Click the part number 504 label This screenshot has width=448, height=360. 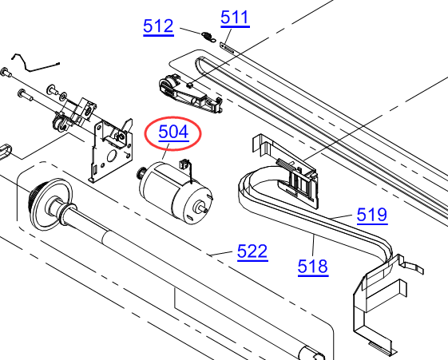[x=173, y=132]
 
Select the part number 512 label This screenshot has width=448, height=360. [x=158, y=26]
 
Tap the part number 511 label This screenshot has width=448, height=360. [x=235, y=18]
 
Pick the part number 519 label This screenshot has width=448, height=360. [x=372, y=215]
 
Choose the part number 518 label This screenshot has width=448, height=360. [x=313, y=267]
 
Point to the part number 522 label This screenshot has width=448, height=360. [x=252, y=251]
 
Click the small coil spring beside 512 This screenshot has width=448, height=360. [x=208, y=37]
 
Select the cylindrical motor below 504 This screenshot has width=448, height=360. [x=176, y=193]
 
